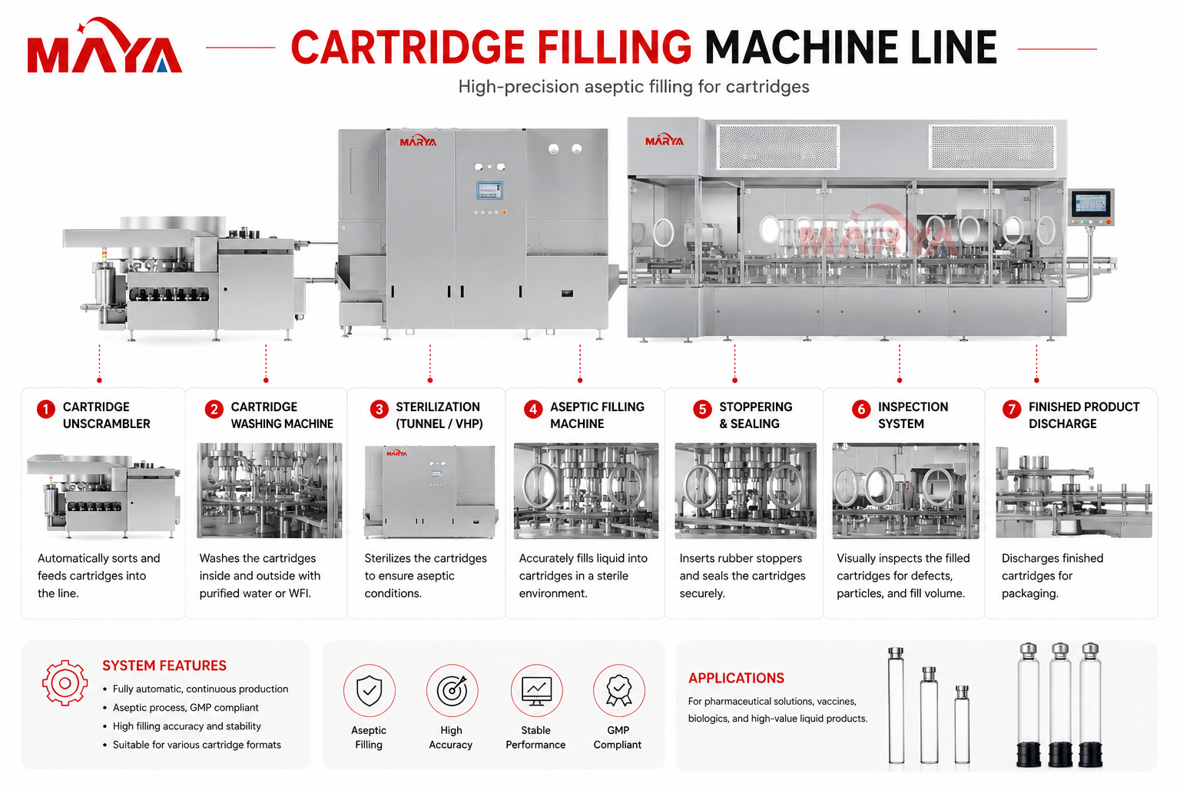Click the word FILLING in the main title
tap(615, 48)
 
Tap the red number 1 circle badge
tap(46, 409)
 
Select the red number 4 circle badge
tap(533, 409)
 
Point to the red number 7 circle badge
tap(1012, 409)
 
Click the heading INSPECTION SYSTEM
tap(913, 415)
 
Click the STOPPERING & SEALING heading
tap(755, 415)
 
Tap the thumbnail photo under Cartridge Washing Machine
tap(269, 490)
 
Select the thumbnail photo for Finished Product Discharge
tap(1073, 491)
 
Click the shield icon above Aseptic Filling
tap(369, 690)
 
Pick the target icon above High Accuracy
tap(452, 690)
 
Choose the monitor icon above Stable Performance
tap(536, 691)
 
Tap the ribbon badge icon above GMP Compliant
tap(619, 690)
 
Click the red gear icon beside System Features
tap(65, 682)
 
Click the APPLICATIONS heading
tap(736, 679)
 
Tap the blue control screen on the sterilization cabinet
tap(489, 191)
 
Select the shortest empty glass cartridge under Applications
tap(962, 724)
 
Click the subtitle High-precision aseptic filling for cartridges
tap(633, 86)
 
